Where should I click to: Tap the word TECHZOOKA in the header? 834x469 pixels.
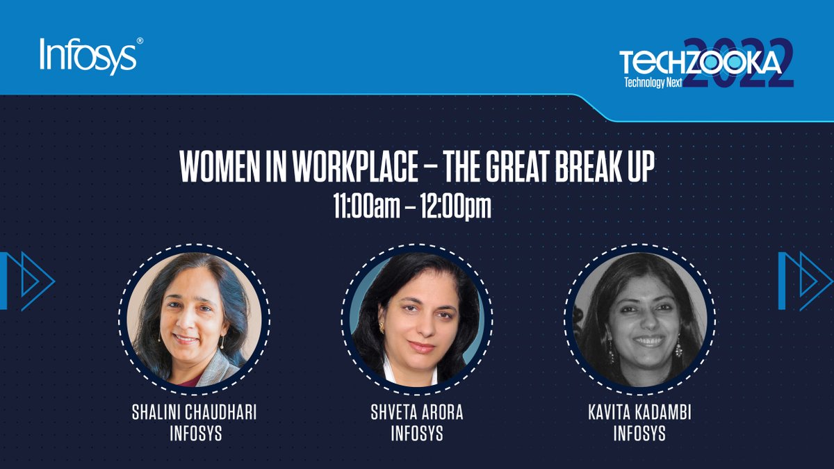(701, 64)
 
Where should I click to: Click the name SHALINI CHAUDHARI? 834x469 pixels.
(194, 412)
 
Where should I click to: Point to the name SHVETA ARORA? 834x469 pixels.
(417, 412)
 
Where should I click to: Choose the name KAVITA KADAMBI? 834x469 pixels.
(639, 412)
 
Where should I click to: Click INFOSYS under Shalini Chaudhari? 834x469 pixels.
(194, 434)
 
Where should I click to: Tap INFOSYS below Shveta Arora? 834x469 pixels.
(417, 434)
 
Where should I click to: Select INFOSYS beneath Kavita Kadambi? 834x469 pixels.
(639, 434)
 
